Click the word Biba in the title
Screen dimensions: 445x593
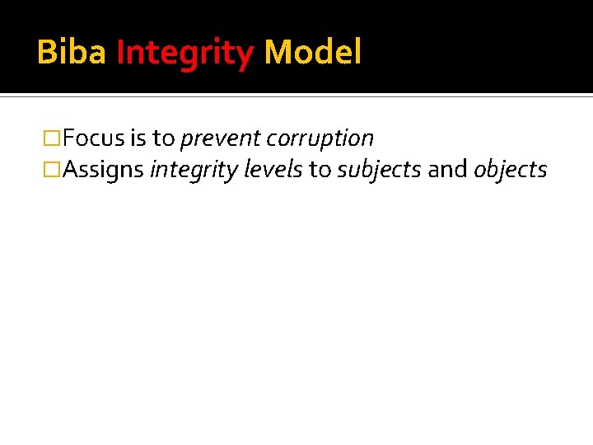click(72, 54)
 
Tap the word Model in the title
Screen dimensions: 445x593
click(313, 54)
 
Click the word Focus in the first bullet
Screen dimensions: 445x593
click(93, 138)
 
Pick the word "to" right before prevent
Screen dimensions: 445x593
click(164, 138)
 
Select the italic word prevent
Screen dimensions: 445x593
click(218, 139)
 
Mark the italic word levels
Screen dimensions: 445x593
click(273, 170)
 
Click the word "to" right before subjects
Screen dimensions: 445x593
click(320, 171)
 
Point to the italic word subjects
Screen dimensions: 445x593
click(379, 171)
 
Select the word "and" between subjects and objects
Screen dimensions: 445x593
click(447, 170)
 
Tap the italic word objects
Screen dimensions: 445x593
click(511, 171)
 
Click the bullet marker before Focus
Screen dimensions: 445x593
click(52, 138)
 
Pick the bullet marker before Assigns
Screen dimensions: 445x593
click(52, 171)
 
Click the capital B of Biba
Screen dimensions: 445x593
click(46, 54)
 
